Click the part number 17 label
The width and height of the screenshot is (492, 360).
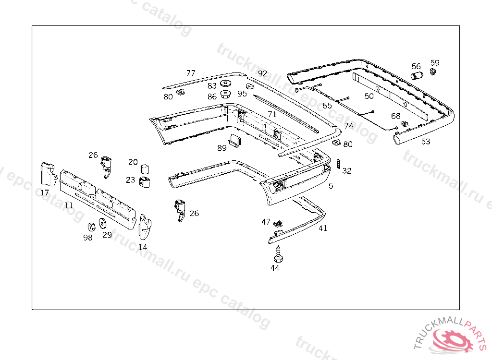coord(45,193)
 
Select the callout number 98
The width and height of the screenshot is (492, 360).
coord(87,238)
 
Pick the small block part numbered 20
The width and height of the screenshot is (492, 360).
coord(145,168)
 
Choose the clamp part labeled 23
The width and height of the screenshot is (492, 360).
coord(145,182)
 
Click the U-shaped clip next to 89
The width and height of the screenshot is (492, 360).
coord(235,141)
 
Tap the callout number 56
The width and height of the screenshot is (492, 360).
coord(416,66)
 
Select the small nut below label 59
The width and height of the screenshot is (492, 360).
coord(432,72)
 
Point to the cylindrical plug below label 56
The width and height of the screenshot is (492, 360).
coord(417,75)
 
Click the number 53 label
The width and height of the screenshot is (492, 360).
coord(426,142)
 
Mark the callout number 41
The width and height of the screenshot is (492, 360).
coord(323,228)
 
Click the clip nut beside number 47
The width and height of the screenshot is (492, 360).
coord(278,223)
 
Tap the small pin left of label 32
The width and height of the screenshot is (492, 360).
coord(339,164)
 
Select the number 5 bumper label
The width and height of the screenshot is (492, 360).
coord(331,186)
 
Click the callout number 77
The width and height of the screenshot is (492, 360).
coord(191,73)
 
